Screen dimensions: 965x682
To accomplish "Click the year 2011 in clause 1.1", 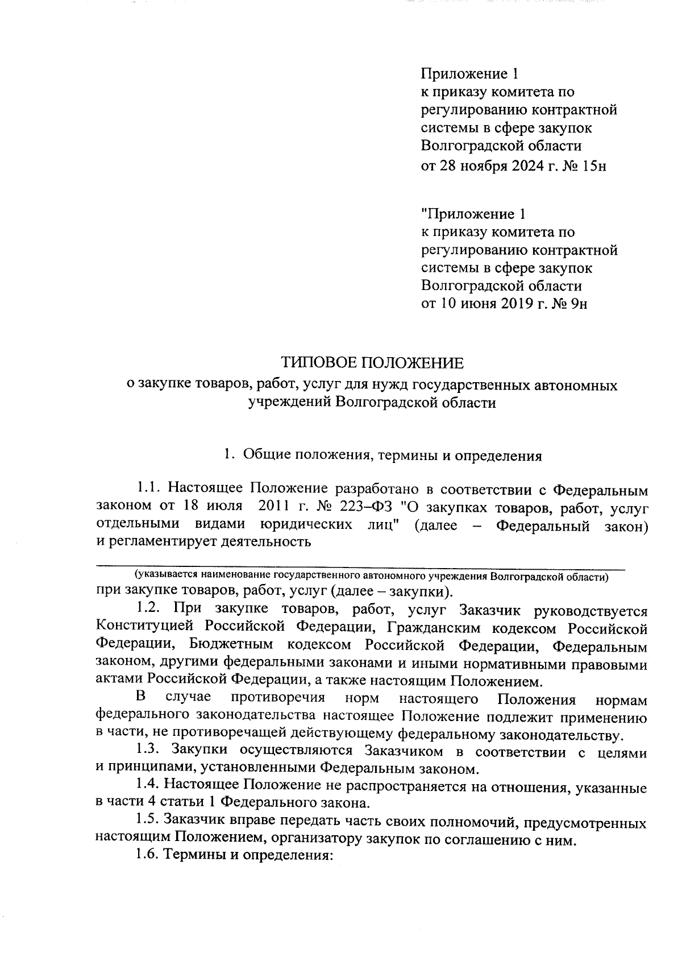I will (x=276, y=506).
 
